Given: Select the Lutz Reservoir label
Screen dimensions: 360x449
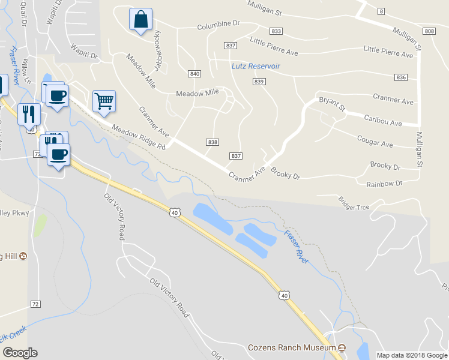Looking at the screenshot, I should tap(256, 66).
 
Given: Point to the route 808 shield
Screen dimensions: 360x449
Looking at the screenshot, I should tap(429, 31).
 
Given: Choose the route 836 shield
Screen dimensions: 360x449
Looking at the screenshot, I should tap(402, 77).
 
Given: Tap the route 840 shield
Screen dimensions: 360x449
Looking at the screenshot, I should tap(193, 74).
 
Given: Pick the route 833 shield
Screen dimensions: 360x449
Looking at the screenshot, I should tap(276, 31).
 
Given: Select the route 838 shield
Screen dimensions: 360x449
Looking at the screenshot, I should tap(212, 142).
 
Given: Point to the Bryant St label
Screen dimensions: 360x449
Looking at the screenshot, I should tap(332, 104).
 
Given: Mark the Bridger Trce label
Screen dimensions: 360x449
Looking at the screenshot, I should tap(354, 203).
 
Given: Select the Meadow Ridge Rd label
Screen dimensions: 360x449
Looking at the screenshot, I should tap(138, 137).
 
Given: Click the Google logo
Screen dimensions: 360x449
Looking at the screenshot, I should tap(20, 353).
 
